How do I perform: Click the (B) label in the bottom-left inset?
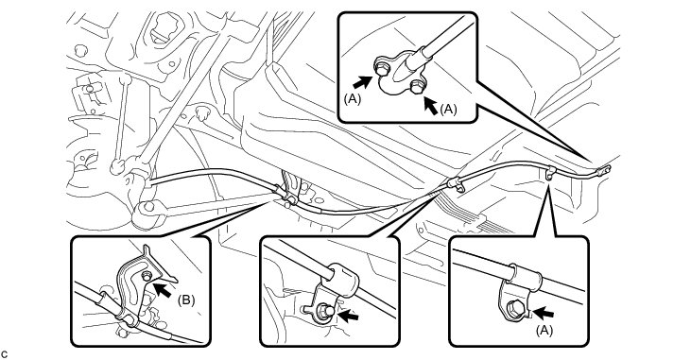(x=186, y=300)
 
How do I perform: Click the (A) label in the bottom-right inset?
(x=544, y=330)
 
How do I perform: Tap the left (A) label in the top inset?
(x=352, y=98)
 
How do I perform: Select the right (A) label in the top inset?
(x=448, y=110)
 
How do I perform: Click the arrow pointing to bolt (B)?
(x=163, y=289)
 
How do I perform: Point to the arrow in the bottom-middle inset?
(x=349, y=317)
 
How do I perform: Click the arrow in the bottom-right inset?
(x=543, y=313)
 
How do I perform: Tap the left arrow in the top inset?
(x=362, y=81)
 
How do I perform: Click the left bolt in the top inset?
(x=381, y=68)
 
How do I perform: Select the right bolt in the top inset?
(x=416, y=87)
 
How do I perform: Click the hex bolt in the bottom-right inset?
(x=514, y=308)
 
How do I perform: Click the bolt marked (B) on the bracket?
(x=147, y=277)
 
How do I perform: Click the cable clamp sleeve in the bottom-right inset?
(x=526, y=275)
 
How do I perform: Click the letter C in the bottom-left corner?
(x=5, y=354)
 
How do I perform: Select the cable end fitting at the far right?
(x=603, y=171)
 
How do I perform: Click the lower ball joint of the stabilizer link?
(x=116, y=166)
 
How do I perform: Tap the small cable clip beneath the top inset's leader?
(x=550, y=173)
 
